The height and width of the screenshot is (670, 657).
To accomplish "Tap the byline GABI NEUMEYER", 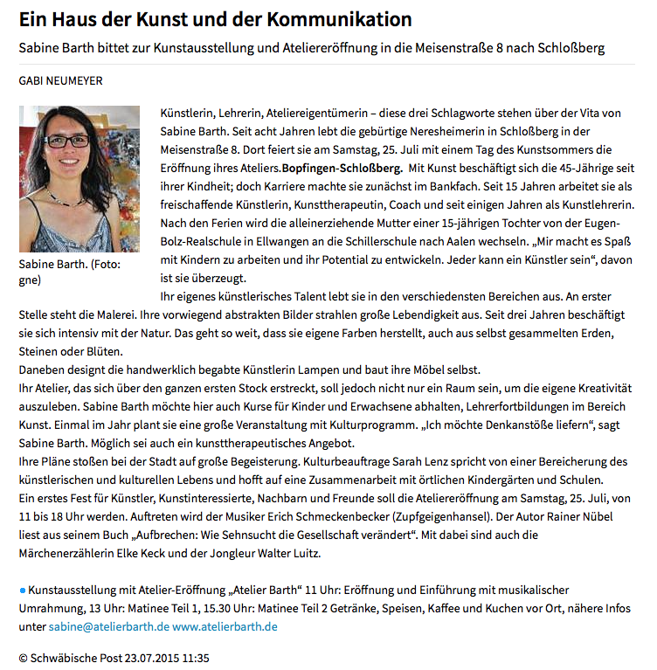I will pos(60,80).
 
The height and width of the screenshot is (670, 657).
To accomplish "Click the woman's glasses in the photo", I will pos(68,140).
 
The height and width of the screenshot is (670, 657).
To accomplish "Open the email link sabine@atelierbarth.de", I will pos(108,626).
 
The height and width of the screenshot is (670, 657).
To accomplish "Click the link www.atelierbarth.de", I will pos(225,626).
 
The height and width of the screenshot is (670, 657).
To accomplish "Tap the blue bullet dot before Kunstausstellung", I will pos(23,591).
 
